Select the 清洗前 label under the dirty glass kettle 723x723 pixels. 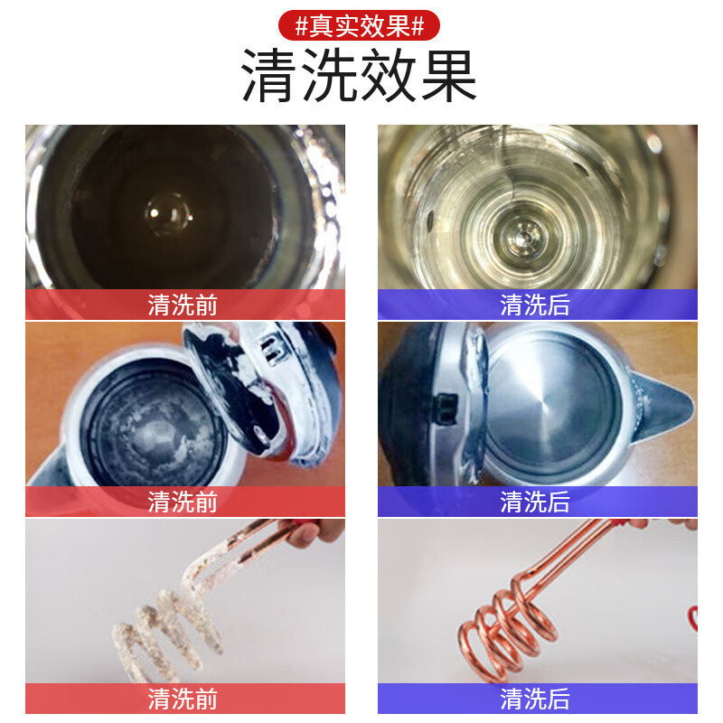pyautogui.click(x=183, y=305)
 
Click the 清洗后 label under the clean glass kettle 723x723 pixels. pyautogui.click(x=536, y=305)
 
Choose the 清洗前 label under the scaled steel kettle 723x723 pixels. pyautogui.click(x=183, y=501)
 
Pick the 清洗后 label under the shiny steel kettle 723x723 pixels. pyautogui.click(x=536, y=501)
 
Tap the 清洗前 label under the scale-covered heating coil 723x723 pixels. pyautogui.click(x=183, y=699)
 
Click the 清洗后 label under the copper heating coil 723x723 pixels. pyautogui.click(x=536, y=699)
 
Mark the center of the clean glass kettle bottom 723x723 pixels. pyautogui.click(x=520, y=238)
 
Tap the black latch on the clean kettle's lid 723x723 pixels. pyautogui.click(x=445, y=408)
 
